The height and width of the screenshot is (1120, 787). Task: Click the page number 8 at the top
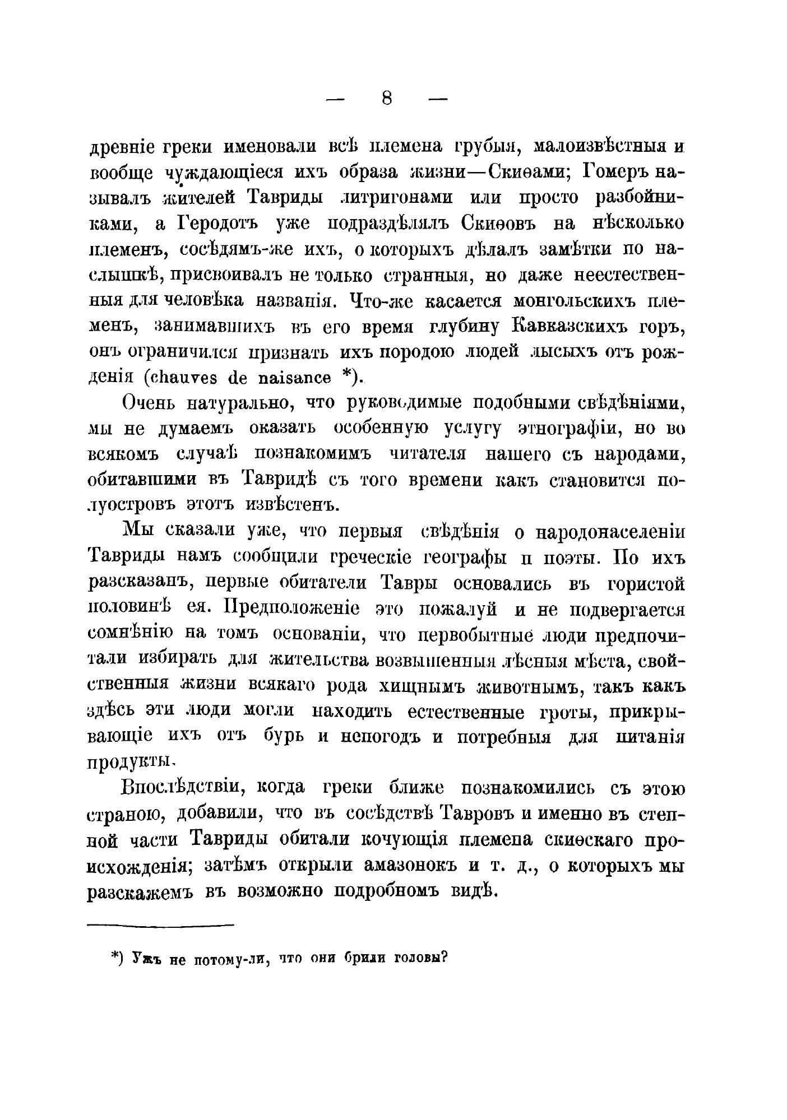click(387, 99)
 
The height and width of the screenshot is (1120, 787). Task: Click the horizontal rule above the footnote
click(160, 925)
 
